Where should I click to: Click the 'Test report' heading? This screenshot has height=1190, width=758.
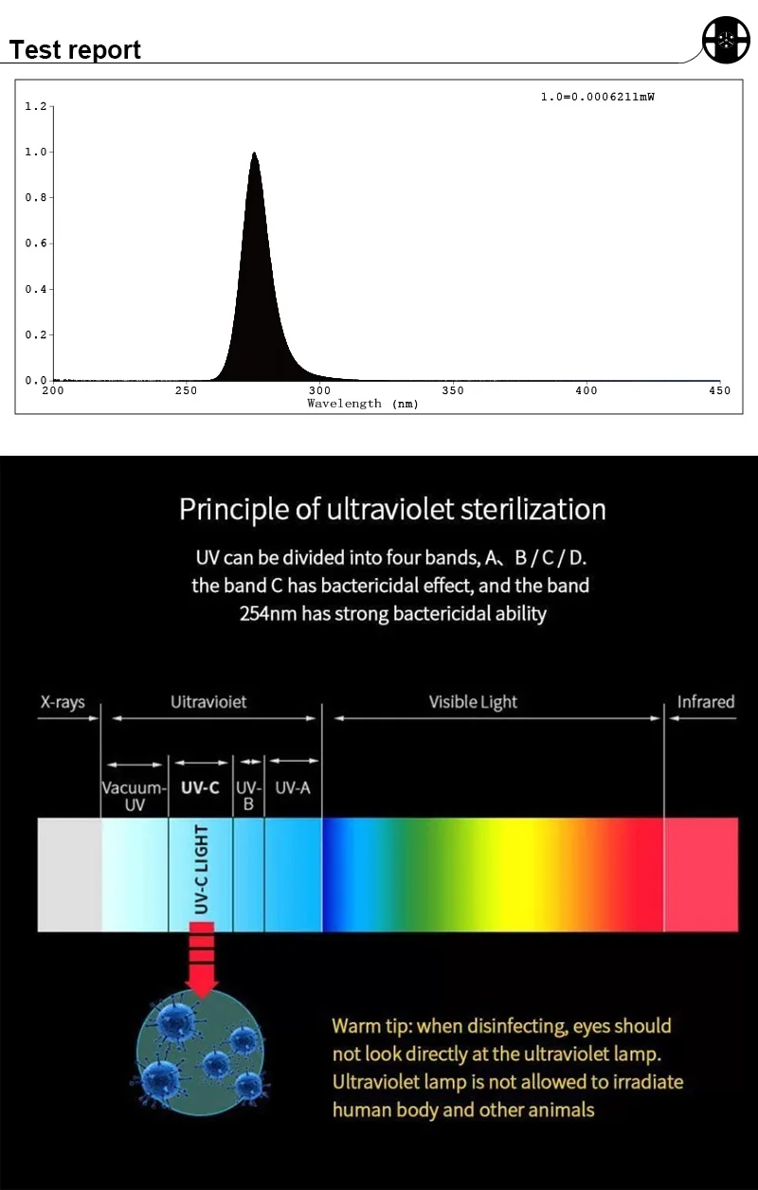[76, 50]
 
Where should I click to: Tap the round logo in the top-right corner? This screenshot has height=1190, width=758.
[726, 40]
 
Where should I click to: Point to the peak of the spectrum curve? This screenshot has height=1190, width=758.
[254, 153]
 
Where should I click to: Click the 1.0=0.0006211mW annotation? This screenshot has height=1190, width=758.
[597, 97]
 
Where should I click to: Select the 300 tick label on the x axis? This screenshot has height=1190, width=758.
[320, 390]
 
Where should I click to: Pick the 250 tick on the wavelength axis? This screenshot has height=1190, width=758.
[187, 390]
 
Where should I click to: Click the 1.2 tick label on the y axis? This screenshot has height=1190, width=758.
[35, 106]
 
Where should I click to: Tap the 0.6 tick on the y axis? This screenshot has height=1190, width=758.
[35, 243]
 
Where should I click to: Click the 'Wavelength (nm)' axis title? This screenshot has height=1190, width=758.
[363, 404]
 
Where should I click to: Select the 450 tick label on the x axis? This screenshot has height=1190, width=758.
[720, 390]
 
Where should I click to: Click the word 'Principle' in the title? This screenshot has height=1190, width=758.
[233, 510]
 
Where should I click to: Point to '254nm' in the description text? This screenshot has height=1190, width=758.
[267, 613]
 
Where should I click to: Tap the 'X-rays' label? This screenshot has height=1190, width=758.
[63, 702]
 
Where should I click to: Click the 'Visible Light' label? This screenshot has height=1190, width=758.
[473, 702]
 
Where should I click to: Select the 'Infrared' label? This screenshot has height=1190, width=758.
[706, 702]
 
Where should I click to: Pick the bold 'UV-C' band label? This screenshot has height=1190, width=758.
[200, 787]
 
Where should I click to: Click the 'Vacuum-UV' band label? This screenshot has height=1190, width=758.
[135, 796]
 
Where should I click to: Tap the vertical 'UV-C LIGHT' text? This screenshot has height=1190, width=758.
[201, 871]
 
